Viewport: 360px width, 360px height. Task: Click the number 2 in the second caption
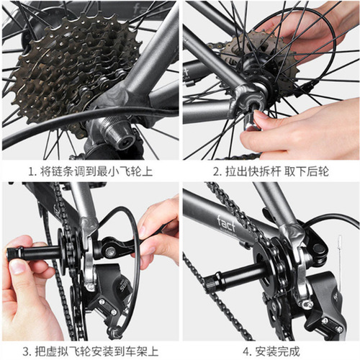pyautogui.click(x=215, y=171)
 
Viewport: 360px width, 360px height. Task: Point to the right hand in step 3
pyautogui.click(x=158, y=230)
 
